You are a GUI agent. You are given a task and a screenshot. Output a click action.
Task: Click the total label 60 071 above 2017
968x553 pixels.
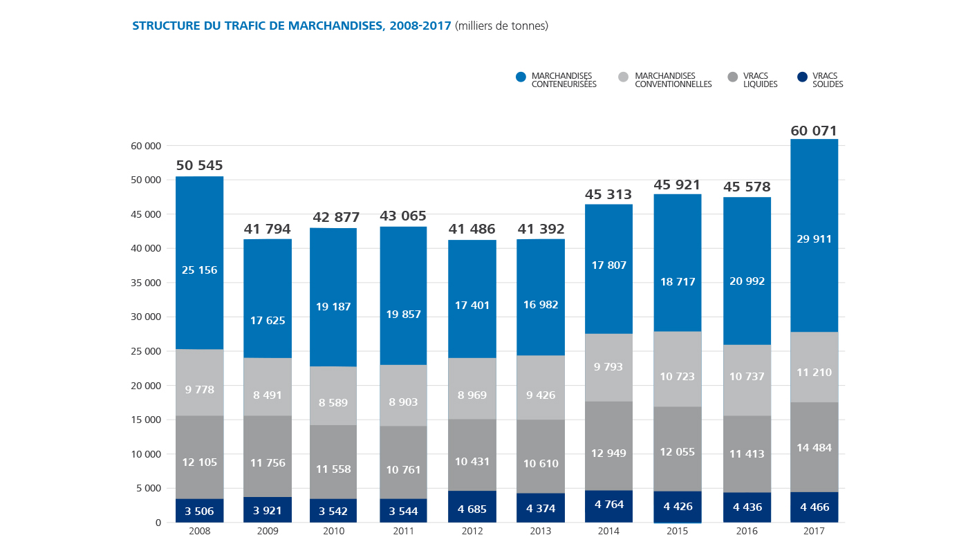tap(814, 131)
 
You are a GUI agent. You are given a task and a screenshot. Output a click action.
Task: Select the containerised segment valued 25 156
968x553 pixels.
tap(200, 270)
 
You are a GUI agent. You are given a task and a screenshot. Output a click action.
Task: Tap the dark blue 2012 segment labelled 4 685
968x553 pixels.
tap(472, 509)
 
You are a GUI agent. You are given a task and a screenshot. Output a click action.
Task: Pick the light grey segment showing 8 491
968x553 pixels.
tap(268, 395)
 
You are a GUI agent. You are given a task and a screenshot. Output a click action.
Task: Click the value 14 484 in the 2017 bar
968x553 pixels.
tap(814, 447)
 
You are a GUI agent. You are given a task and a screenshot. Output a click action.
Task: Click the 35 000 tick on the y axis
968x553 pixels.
tap(146, 283)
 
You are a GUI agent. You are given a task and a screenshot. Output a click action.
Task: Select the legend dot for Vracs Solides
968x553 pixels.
tap(802, 77)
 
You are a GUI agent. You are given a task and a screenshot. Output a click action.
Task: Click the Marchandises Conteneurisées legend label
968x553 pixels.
tap(564, 80)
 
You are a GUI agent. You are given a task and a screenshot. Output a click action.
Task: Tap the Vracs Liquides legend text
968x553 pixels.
tap(760, 80)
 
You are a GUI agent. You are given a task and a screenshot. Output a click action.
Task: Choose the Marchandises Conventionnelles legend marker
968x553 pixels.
tap(624, 77)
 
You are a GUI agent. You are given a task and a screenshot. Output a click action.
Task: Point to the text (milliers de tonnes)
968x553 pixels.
tap(501, 26)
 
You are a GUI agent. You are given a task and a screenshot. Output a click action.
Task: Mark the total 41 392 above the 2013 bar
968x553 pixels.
tap(541, 229)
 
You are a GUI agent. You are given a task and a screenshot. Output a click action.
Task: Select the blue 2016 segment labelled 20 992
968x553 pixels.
tap(746, 281)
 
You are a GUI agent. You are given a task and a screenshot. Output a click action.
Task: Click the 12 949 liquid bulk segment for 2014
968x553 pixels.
tap(609, 453)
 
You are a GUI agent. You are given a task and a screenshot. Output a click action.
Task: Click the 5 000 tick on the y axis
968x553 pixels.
tap(149, 488)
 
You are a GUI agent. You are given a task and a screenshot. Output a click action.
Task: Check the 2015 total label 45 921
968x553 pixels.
tap(678, 185)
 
